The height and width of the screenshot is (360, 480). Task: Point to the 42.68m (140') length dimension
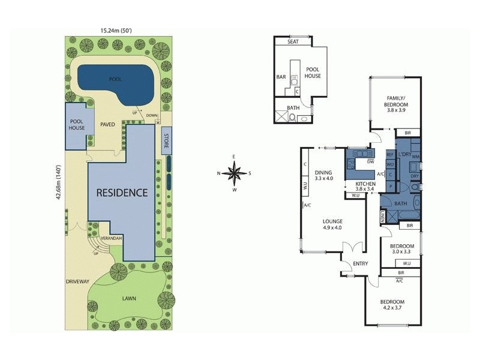59,184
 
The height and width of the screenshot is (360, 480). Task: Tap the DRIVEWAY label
78,281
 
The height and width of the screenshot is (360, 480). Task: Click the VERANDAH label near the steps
111,238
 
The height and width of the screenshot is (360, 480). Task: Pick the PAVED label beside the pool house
107,125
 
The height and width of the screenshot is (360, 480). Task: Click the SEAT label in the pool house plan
293,42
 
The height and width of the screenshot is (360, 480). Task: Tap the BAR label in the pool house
281,77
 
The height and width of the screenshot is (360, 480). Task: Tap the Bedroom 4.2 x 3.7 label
391,305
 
